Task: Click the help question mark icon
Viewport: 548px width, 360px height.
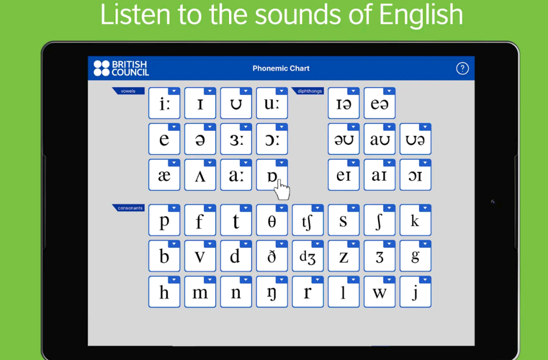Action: pos(462,68)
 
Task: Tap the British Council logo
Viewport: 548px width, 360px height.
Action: pos(121,68)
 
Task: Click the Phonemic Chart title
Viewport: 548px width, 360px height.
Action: pos(281,68)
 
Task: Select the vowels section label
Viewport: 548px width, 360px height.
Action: pos(128,91)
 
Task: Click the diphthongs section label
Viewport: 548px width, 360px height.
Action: pos(307,91)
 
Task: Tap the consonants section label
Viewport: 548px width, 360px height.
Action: pos(128,208)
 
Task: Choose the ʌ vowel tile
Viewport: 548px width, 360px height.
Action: pos(200,175)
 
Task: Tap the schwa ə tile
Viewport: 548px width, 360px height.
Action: pos(200,139)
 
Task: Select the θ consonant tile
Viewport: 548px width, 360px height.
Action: pos(272,220)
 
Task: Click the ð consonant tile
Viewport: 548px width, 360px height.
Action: pos(272,256)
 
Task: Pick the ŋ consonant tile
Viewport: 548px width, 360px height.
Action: pos(272,292)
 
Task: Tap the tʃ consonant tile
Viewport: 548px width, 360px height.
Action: pos(307,220)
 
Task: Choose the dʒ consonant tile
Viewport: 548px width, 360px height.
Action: pos(307,256)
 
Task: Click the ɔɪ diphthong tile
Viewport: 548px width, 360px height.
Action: pos(415,175)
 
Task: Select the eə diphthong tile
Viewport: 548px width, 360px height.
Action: pos(379,103)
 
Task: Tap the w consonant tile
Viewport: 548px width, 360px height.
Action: pos(379,292)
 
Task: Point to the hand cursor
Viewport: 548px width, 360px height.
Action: pos(281,190)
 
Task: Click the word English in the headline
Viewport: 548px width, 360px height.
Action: pos(421,14)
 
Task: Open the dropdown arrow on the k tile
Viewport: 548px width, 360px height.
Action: pos(425,208)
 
